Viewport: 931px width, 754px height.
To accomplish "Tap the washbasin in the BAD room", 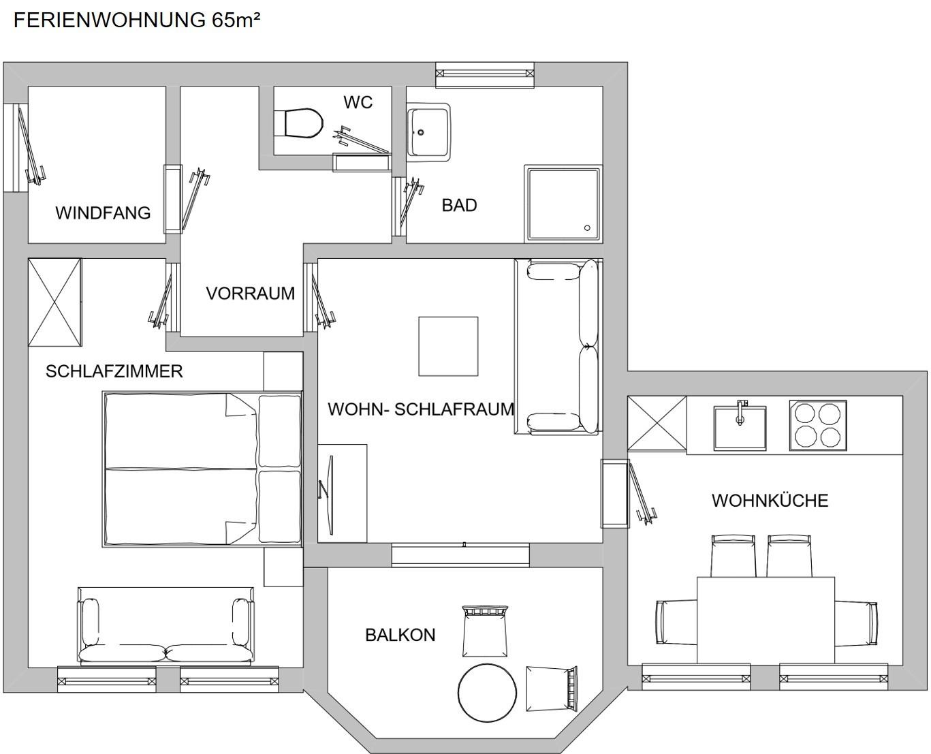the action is click(428, 132).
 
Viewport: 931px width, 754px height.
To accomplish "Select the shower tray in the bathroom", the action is click(563, 204).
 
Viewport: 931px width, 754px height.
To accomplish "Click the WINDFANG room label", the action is click(103, 213).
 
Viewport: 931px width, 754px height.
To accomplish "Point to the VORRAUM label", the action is click(251, 294).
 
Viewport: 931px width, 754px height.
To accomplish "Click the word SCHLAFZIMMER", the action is click(114, 371).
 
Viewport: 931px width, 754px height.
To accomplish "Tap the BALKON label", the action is click(400, 635).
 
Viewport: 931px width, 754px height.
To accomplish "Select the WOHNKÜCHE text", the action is click(770, 500).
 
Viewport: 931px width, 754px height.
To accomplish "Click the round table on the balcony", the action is click(487, 693).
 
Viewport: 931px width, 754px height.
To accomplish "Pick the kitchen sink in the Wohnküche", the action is click(740, 427).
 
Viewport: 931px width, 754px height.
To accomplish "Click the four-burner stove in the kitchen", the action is click(818, 425).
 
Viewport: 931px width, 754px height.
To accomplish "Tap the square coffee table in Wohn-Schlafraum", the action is click(448, 346).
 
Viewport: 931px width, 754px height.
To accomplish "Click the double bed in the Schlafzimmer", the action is click(202, 469).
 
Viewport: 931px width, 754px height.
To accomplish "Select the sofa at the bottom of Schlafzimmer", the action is click(165, 627).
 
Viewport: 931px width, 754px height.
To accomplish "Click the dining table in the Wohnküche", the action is click(766, 620).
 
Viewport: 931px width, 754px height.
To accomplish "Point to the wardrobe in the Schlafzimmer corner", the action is click(54, 302).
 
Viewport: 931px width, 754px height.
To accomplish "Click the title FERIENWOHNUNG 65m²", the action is click(137, 20).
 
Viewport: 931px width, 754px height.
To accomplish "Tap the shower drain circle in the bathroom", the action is click(587, 227).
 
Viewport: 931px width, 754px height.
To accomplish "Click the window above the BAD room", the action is click(485, 74).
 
